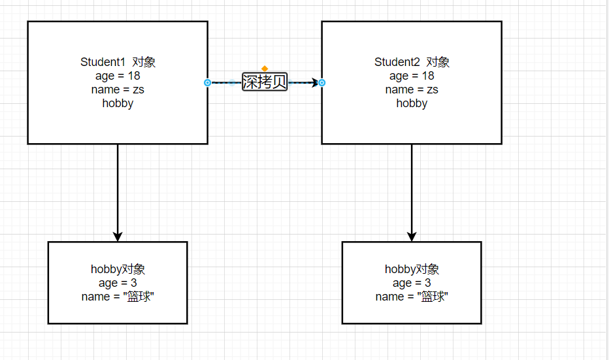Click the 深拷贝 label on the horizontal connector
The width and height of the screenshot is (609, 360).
(265, 82)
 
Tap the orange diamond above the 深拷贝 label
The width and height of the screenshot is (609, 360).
(265, 69)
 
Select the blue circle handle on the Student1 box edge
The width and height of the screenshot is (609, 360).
(208, 83)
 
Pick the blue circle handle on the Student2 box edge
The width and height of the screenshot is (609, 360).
(321, 83)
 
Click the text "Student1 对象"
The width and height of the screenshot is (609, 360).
(118, 62)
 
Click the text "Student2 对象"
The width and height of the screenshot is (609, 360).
(412, 62)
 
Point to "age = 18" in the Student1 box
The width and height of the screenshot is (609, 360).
(118, 76)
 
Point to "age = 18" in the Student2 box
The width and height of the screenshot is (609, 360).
(412, 76)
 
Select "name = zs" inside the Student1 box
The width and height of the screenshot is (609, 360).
(118, 90)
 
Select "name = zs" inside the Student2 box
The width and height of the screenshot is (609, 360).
(412, 90)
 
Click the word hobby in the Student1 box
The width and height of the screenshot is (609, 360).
(118, 103)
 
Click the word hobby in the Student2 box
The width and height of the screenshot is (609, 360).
(412, 103)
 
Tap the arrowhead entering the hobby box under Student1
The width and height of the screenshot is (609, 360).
(118, 236)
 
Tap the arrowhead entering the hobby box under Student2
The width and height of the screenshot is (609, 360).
(412, 236)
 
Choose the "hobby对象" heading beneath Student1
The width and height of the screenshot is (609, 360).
(118, 269)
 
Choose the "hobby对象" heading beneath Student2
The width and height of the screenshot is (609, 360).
(412, 269)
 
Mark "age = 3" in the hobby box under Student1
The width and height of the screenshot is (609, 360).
(118, 283)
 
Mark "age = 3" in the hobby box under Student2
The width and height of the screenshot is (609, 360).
(412, 283)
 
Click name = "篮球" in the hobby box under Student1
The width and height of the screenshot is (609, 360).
(118, 297)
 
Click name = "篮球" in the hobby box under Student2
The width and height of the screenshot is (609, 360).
(412, 297)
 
